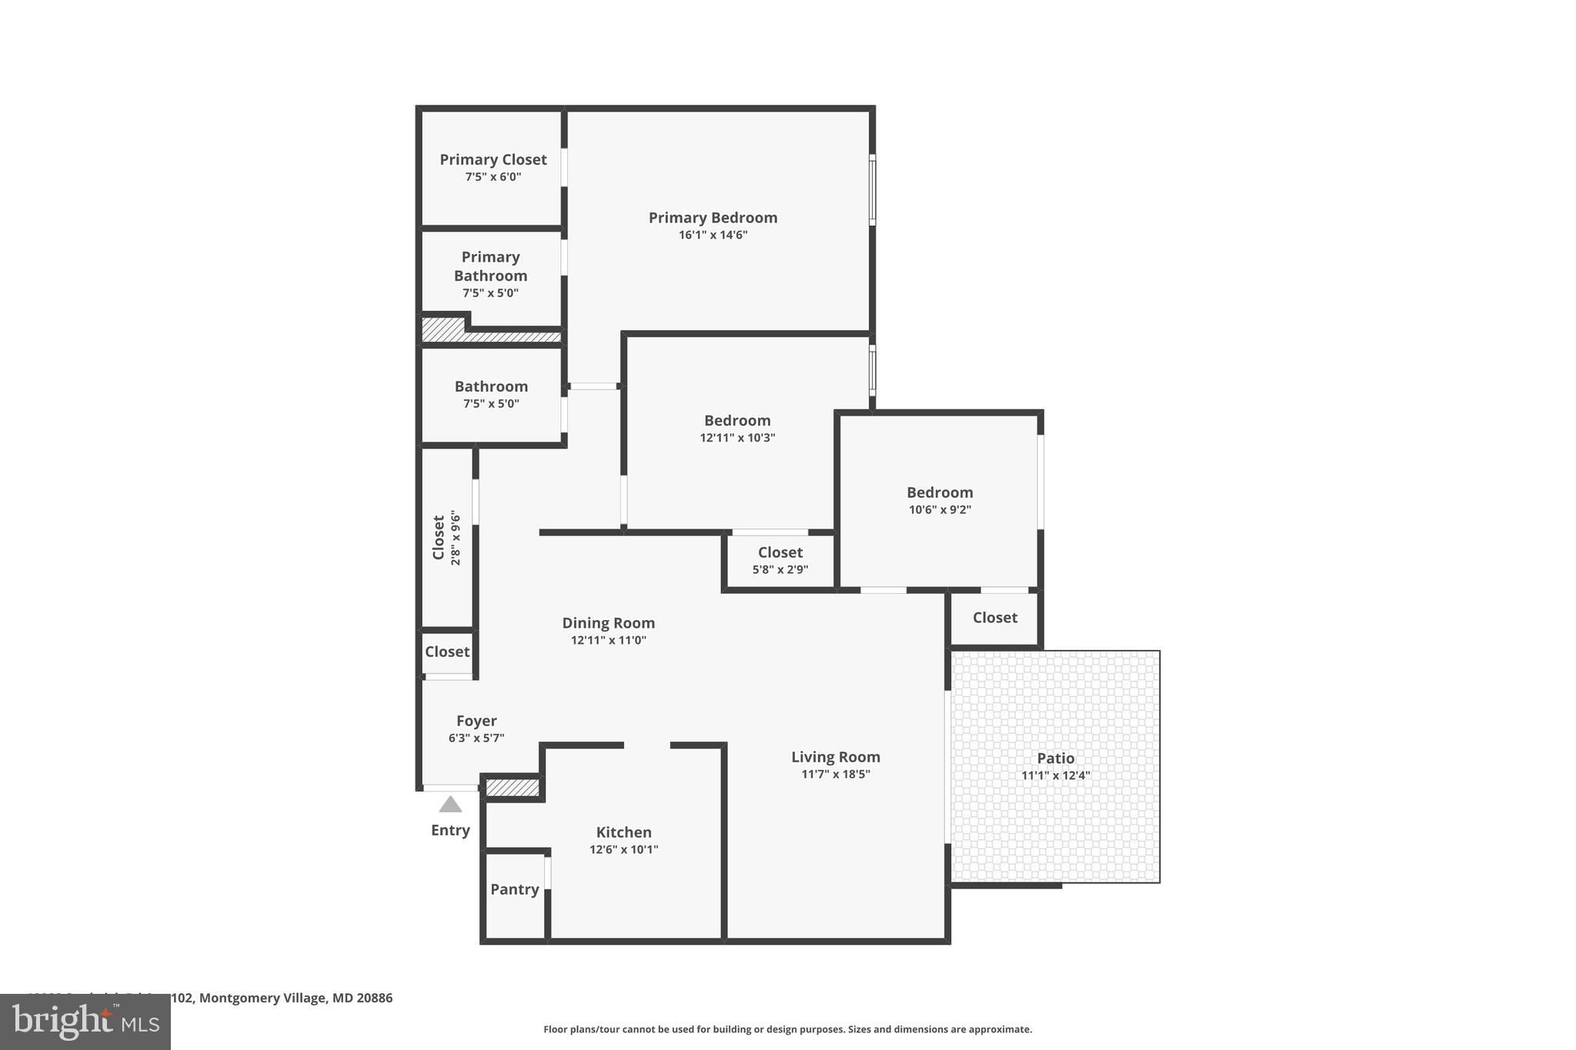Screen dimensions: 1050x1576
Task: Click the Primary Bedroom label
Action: [713, 218]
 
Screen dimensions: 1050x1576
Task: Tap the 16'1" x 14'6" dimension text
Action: [713, 235]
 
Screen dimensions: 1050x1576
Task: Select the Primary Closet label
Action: [492, 159]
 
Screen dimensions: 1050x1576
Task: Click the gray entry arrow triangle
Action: [450, 805]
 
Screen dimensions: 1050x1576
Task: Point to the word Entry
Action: [450, 830]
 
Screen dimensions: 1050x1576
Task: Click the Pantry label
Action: [514, 889]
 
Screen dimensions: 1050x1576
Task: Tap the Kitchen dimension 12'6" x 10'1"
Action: [623, 850]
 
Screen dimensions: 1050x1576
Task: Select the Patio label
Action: [1055, 758]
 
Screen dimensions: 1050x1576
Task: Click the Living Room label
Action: [835, 757]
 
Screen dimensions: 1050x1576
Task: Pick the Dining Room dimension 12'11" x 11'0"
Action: [608, 641]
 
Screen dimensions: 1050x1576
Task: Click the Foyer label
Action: [476, 721]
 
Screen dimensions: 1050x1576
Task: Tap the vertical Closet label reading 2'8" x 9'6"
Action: [446, 538]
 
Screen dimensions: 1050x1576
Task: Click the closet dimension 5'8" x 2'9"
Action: [780, 570]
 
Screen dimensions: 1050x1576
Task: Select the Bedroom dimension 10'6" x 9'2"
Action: [940, 510]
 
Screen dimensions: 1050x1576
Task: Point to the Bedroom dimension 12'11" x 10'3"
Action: [737, 438]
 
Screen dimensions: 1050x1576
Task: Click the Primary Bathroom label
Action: [490, 266]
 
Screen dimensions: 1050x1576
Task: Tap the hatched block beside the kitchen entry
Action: [513, 788]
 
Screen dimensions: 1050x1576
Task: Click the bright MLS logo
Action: [85, 1022]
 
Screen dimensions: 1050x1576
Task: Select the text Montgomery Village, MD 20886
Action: [295, 998]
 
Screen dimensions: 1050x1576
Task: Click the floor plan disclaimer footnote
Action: [787, 1029]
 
